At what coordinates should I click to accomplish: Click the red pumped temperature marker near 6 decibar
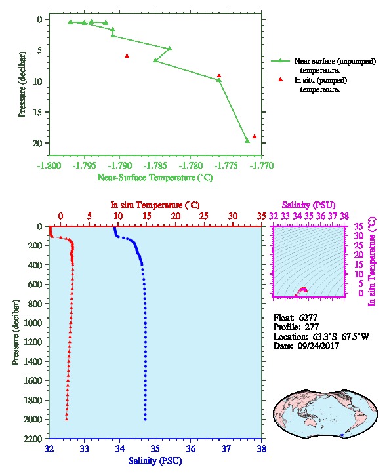pyautogui.click(x=127, y=56)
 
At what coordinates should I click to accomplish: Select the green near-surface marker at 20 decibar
pyautogui.click(x=247, y=141)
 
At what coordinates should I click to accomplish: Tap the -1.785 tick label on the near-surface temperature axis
pyautogui.click(x=155, y=166)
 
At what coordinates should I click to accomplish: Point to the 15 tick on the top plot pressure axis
pyautogui.click(x=37, y=112)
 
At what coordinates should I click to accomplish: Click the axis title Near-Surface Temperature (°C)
pyautogui.click(x=155, y=177)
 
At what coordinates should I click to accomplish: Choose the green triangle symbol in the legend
pyautogui.click(x=280, y=61)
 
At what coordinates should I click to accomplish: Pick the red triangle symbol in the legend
pyautogui.click(x=280, y=79)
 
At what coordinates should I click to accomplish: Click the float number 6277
pyautogui.click(x=308, y=317)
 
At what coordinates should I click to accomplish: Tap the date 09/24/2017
pyautogui.click(x=318, y=346)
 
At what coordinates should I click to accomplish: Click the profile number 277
pyautogui.click(x=312, y=327)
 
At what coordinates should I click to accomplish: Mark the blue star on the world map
pyautogui.click(x=342, y=435)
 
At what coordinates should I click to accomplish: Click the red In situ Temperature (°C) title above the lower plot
pyautogui.click(x=155, y=205)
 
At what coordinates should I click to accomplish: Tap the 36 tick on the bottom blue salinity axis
pyautogui.click(x=191, y=448)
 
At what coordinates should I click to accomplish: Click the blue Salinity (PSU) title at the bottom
pyautogui.click(x=155, y=461)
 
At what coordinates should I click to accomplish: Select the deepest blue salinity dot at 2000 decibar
pyautogui.click(x=145, y=419)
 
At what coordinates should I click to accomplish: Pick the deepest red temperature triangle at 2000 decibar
pyautogui.click(x=66, y=419)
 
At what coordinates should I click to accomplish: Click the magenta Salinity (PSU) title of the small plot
pyautogui.click(x=309, y=205)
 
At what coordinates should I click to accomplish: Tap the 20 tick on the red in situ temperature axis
pyautogui.click(x=176, y=216)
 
